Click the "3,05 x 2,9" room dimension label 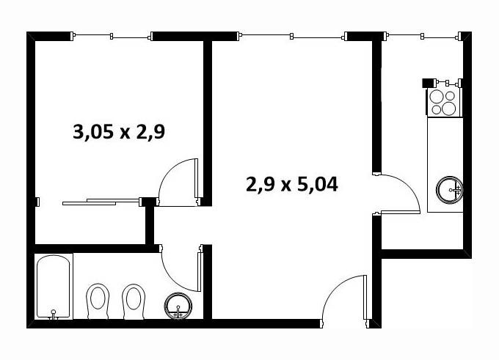click(119, 132)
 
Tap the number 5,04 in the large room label click(317, 185)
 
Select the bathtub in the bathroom click(54, 286)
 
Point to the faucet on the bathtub click(53, 315)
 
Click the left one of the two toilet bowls click(98, 301)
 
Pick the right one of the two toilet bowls click(134, 301)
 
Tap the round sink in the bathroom click(178, 305)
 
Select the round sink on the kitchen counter click(449, 190)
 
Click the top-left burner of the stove click(437, 96)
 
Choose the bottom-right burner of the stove click(448, 109)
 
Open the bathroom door click(200, 272)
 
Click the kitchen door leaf click(401, 212)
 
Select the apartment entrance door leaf click(365, 298)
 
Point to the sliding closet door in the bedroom click(102, 202)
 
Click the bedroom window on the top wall click(112, 36)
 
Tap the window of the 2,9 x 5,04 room click(292, 36)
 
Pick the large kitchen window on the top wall click(423, 36)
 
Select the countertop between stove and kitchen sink click(445, 147)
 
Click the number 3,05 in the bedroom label click(93, 132)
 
